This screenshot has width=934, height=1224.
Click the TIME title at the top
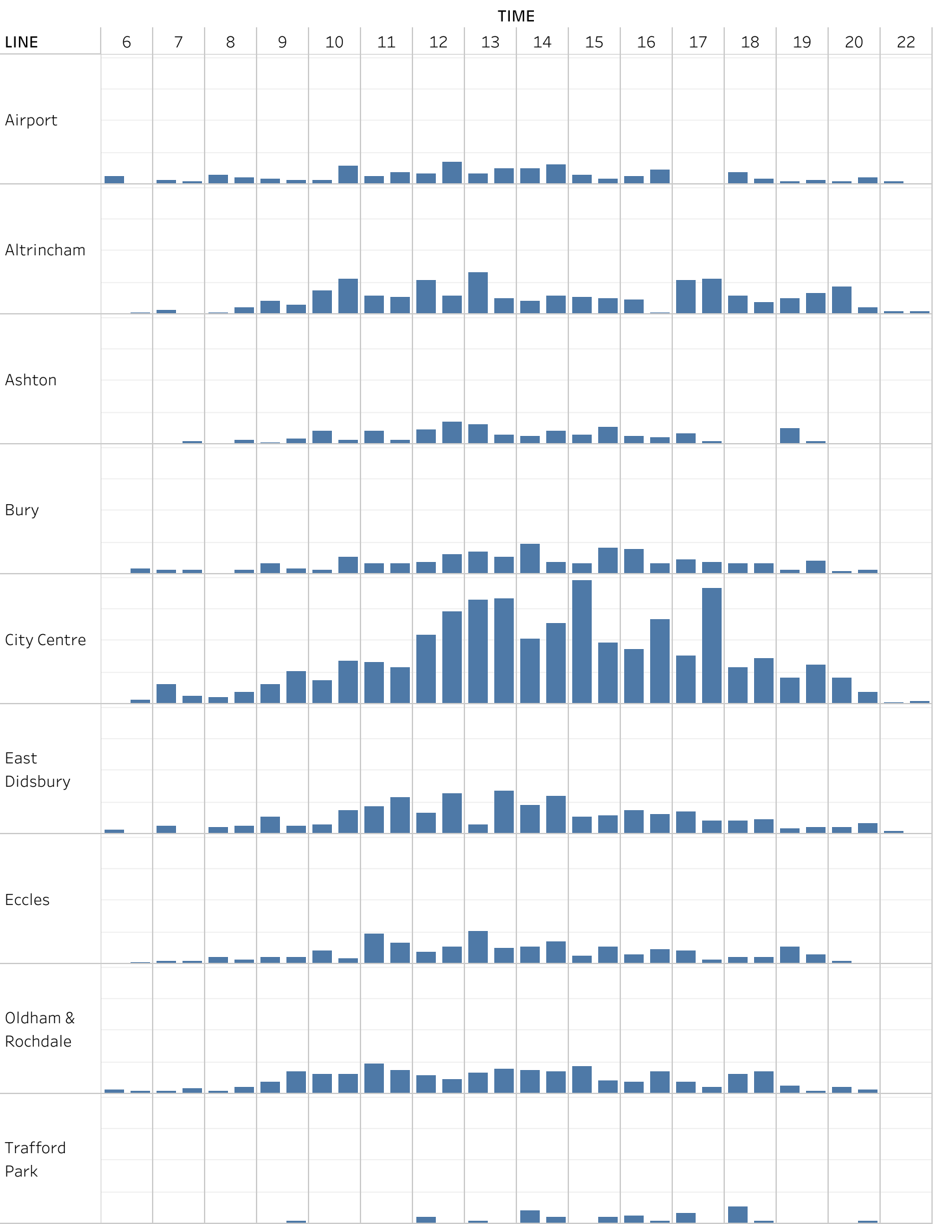(516, 16)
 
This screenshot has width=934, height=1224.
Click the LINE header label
(21, 42)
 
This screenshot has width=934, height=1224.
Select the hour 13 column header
(490, 42)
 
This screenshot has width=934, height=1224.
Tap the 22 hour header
(906, 42)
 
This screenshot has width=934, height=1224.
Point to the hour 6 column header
(127, 42)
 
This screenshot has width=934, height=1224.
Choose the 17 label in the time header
(698, 42)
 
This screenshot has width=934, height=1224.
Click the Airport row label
(31, 120)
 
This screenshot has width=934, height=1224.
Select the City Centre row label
(45, 640)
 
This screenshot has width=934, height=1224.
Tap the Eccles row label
(27, 900)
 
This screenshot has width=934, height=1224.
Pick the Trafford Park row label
(35, 1160)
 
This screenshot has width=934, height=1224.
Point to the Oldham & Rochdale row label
(40, 1030)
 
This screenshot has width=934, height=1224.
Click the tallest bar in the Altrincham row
(478, 293)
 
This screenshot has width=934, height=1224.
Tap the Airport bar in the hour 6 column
(114, 180)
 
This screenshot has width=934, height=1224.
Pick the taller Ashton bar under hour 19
(790, 435)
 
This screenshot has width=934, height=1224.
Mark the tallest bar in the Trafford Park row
(738, 1214)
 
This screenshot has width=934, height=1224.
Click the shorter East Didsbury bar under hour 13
(478, 828)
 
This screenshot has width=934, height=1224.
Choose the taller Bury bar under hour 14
(530, 558)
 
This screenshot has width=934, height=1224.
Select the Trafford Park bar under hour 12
(426, 1219)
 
